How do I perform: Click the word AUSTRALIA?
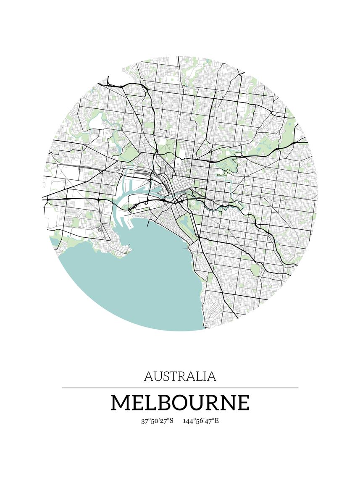tap(180, 376)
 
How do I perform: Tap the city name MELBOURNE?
tap(180, 403)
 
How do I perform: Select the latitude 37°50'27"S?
tap(157, 421)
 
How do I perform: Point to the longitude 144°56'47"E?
tap(201, 421)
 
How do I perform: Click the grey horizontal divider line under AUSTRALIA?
tap(180, 388)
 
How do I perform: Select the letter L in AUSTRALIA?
tap(198, 376)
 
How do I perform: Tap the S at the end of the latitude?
tap(171, 421)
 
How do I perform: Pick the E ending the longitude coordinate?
tap(217, 421)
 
